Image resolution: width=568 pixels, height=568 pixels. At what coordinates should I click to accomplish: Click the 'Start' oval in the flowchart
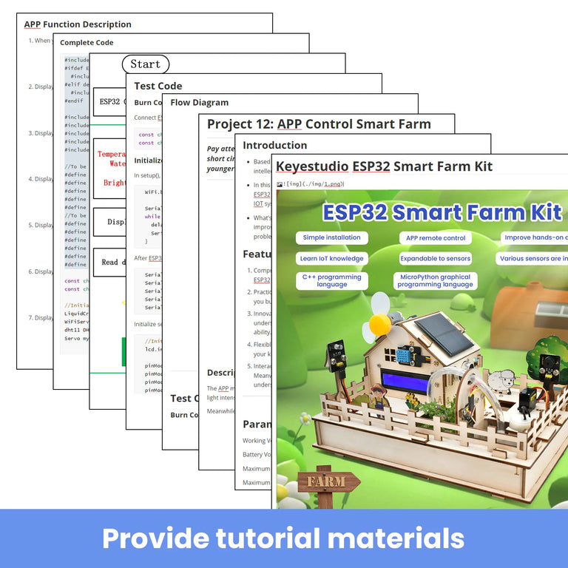click(145, 64)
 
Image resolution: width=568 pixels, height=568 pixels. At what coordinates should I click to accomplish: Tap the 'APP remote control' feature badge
click(436, 238)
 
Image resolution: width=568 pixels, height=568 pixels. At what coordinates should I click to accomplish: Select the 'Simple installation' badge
click(332, 237)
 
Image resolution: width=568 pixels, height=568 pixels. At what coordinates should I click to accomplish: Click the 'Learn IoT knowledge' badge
click(331, 259)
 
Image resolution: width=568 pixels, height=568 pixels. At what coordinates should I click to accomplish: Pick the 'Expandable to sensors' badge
click(435, 259)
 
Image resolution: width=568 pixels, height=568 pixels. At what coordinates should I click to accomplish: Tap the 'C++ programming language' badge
click(331, 280)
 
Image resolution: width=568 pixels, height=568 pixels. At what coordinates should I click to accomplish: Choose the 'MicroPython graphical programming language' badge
click(435, 280)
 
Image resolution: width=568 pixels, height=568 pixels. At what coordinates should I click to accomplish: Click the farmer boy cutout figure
click(384, 408)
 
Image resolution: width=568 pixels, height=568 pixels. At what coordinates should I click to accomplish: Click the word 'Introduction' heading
click(274, 145)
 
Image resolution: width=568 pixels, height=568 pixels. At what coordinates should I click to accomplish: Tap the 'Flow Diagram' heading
click(200, 102)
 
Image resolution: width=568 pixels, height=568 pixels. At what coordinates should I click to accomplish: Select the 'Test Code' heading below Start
click(158, 86)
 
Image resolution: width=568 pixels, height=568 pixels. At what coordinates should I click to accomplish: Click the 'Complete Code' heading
click(87, 43)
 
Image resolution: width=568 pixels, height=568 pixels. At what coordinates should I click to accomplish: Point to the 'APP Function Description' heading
click(78, 24)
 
